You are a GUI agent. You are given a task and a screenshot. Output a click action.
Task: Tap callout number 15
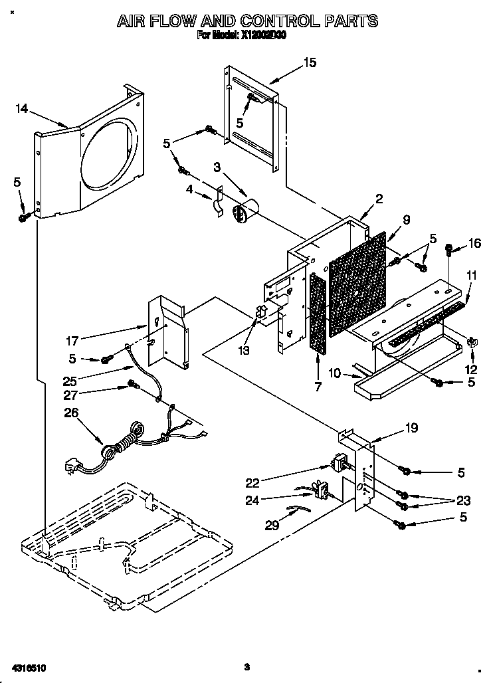pyautogui.click(x=310, y=63)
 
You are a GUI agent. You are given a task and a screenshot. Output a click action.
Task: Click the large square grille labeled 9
pyautogui.click(x=357, y=282)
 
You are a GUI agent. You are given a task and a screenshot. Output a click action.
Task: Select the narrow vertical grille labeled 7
pyautogui.click(x=318, y=313)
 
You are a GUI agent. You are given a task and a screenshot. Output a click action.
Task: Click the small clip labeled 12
pyautogui.click(x=473, y=343)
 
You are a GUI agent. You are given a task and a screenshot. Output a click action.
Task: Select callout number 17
pyautogui.click(x=73, y=341)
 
